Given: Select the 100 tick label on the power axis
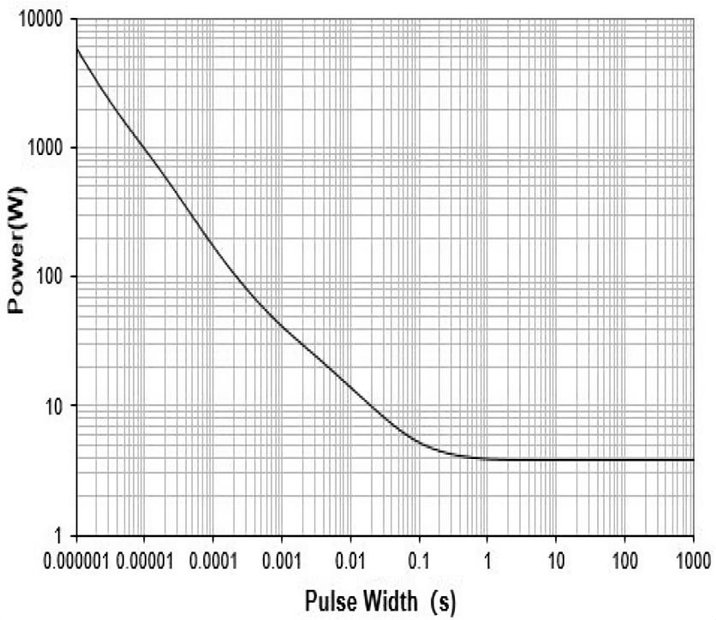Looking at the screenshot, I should coord(56,277).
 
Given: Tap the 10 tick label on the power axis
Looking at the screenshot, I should coord(60,405).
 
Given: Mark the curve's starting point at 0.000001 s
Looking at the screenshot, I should coord(77,49).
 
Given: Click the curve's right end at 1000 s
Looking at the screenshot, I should coord(692,460).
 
